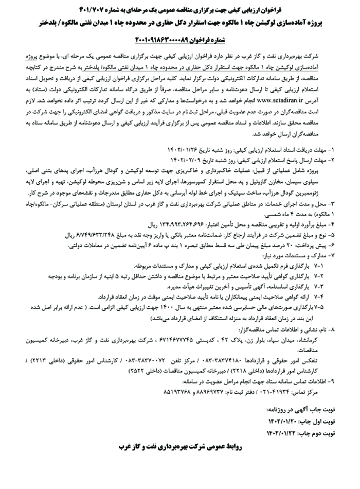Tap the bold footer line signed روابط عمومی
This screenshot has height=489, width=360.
tap(179, 457)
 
